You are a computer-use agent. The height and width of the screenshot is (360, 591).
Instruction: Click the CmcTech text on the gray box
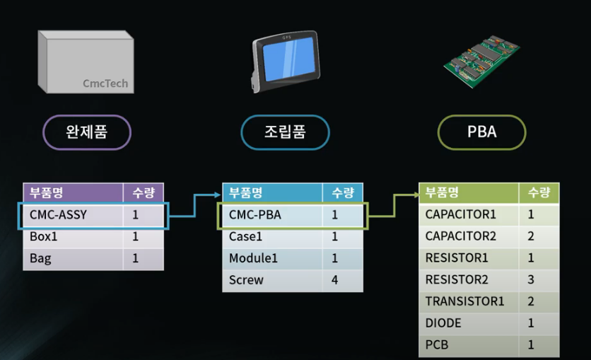[x=105, y=83]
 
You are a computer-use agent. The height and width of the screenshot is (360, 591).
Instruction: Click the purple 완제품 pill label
[x=87, y=132]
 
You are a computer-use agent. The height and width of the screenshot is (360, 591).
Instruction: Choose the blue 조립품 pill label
[x=285, y=132]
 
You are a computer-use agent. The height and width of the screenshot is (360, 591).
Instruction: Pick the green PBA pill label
[x=481, y=132]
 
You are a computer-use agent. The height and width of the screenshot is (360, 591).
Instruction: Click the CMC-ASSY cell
[x=58, y=214]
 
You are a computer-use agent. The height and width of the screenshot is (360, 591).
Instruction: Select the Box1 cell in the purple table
[x=44, y=237]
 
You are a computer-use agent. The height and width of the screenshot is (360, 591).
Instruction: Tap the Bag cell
[x=40, y=259]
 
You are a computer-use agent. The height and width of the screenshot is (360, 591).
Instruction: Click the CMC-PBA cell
[x=255, y=215]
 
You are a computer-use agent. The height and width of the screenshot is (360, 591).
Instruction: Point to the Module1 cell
[x=253, y=259]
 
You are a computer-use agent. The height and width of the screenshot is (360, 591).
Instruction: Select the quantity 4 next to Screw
[x=335, y=280]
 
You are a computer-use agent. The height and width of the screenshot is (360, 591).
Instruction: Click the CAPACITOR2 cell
[x=461, y=236]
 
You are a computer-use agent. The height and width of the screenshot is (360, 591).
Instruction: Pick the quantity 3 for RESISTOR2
[x=531, y=280]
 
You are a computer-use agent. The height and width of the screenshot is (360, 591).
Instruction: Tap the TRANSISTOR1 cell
[x=464, y=301]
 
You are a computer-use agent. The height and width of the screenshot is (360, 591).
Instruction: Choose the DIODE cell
[x=443, y=323]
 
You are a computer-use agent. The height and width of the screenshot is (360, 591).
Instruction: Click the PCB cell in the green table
[x=437, y=345]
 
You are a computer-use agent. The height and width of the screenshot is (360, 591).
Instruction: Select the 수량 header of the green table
[x=539, y=192]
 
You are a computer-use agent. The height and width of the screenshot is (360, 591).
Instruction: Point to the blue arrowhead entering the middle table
[x=218, y=193]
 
